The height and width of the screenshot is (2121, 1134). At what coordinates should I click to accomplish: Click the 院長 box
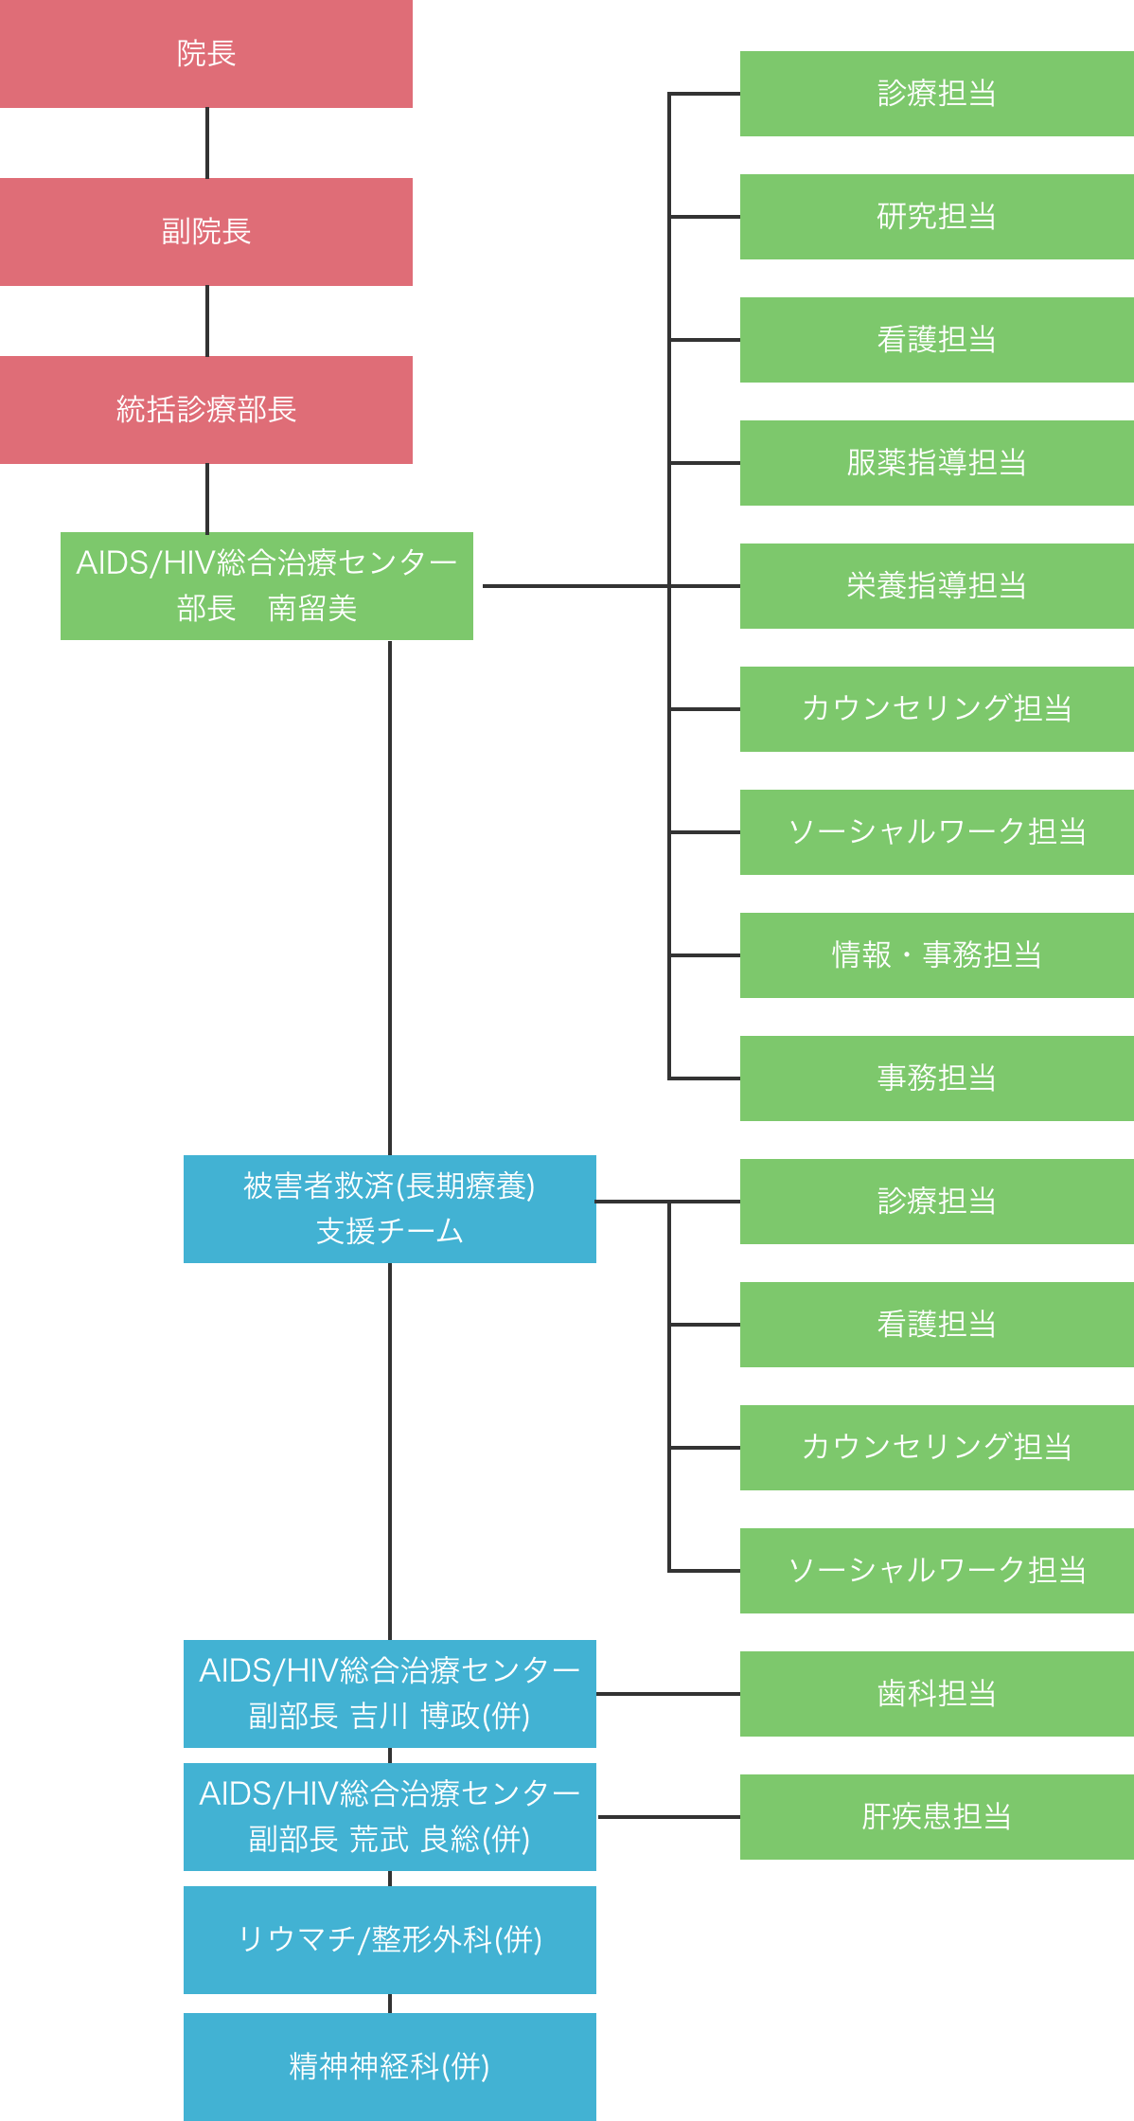click(x=205, y=54)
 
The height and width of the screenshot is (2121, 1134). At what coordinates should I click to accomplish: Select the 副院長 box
click(x=205, y=232)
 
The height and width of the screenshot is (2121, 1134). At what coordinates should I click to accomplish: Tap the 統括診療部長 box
click(x=205, y=410)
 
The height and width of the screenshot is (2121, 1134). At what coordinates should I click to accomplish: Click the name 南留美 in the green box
click(x=312, y=608)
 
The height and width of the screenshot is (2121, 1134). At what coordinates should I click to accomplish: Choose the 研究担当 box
click(x=936, y=217)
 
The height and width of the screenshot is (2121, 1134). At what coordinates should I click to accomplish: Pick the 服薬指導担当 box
click(x=936, y=463)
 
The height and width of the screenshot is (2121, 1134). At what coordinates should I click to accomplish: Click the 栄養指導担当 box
click(x=936, y=586)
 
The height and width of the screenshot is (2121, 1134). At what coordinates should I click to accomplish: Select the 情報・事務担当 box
click(x=936, y=955)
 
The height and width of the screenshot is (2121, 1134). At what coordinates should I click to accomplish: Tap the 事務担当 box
click(x=936, y=1078)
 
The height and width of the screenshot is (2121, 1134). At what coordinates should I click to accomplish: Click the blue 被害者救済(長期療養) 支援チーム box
click(x=389, y=1209)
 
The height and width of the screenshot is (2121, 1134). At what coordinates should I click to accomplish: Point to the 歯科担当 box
click(x=936, y=1694)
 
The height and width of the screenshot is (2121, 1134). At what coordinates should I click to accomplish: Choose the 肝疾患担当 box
click(x=936, y=1817)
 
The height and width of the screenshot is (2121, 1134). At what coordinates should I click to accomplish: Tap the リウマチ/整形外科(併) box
click(x=389, y=1940)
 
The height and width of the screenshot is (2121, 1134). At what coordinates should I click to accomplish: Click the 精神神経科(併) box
click(x=389, y=2067)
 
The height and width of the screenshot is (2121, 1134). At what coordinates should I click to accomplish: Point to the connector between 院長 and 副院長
click(x=207, y=143)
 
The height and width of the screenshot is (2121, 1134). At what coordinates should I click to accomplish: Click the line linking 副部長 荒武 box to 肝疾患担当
click(x=668, y=1817)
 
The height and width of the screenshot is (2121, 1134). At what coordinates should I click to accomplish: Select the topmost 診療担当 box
click(x=936, y=94)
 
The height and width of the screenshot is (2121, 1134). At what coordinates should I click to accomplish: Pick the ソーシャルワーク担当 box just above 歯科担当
click(x=936, y=1571)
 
